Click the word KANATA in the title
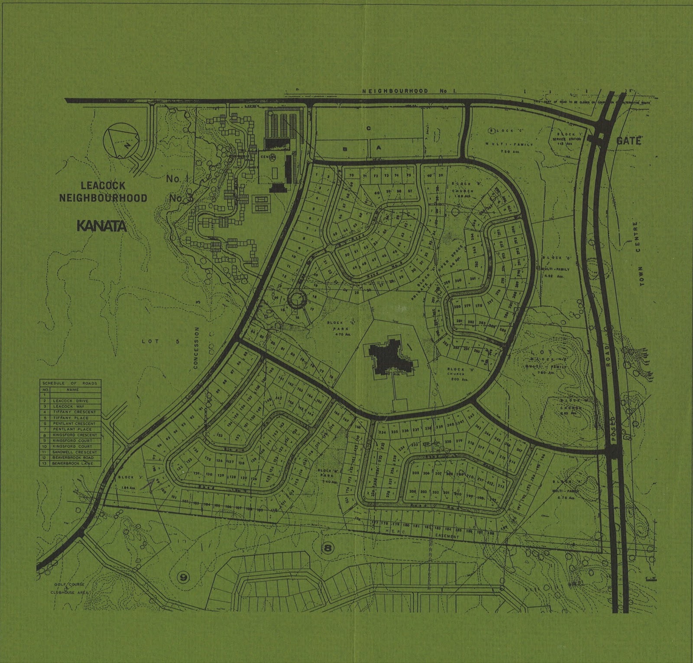click(101, 226)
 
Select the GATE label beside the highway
click(628, 140)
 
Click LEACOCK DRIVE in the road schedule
click(70, 401)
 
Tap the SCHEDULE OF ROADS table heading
click(70, 383)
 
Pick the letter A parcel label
click(378, 147)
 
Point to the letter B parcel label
click(345, 148)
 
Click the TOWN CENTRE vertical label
click(638, 253)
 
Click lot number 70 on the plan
click(351, 175)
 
